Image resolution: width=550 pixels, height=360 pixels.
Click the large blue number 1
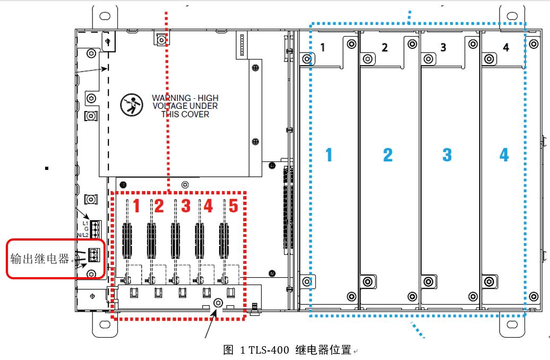[x=329, y=155]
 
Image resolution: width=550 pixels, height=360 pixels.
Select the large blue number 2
[x=388, y=155]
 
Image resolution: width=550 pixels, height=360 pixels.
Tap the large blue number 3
[x=447, y=155]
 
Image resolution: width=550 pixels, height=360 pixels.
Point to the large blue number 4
[x=504, y=155]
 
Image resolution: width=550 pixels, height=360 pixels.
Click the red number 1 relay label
[x=136, y=205]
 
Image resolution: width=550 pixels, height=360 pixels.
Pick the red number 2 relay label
[x=159, y=205]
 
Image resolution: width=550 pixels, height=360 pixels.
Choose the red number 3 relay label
[x=185, y=205]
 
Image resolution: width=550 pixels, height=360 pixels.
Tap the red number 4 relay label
[x=208, y=205]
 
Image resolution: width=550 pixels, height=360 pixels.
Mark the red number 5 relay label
[x=234, y=205]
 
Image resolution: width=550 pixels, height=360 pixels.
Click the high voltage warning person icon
[x=130, y=106]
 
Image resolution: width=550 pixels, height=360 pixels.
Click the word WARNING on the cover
[x=171, y=98]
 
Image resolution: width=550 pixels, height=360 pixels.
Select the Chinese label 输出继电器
[x=40, y=259]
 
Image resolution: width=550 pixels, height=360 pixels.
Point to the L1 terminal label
[x=85, y=223]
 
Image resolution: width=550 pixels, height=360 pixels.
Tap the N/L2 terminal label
[x=82, y=235]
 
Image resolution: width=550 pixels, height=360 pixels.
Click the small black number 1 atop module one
[x=323, y=48]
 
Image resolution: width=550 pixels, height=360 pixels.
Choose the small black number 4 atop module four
[x=505, y=48]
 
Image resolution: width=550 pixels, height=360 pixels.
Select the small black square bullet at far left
[x=47, y=168]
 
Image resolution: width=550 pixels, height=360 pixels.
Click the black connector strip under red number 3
[x=175, y=238]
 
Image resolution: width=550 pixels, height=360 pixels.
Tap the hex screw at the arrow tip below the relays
[x=217, y=303]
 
